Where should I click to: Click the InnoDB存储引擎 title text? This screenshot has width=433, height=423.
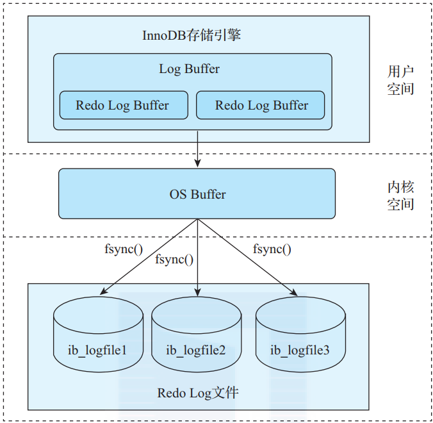pos(192,35)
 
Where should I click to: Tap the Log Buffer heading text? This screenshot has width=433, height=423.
pos(189,69)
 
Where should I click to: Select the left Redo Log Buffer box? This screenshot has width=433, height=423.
pos(124,105)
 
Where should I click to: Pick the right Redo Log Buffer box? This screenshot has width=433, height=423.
pos(261,105)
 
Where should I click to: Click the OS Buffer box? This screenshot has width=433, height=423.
pos(197,194)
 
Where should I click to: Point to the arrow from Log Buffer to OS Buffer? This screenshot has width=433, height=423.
pos(197,149)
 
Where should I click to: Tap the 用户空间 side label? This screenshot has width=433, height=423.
pos(400,80)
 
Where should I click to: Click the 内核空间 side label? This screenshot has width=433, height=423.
pos(400,195)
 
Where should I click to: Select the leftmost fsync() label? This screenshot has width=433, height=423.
pos(124,249)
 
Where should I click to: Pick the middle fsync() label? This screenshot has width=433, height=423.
pos(174,260)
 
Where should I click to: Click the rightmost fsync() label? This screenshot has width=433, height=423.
pos(272,249)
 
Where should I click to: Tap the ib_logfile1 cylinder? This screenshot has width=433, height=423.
pos(98,335)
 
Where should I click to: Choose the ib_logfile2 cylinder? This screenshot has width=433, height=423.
pos(197,335)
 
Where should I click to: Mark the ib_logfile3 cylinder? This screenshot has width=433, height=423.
pos(300,335)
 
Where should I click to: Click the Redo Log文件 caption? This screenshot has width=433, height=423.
pos(198,393)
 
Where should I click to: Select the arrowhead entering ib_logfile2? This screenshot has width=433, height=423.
pos(197,292)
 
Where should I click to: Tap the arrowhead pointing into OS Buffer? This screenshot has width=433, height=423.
pos(197,163)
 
